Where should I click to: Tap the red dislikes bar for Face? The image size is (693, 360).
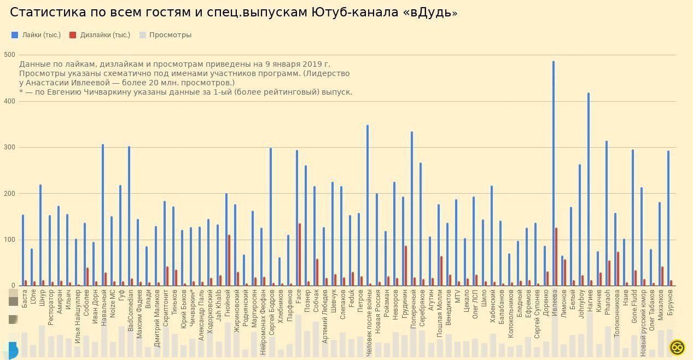(x=300, y=254)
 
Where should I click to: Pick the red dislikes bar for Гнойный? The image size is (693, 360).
(x=229, y=260)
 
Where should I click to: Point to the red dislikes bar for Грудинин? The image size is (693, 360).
(x=406, y=266)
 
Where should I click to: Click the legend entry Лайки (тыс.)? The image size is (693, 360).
(x=37, y=35)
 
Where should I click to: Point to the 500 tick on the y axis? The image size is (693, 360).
(x=9, y=55)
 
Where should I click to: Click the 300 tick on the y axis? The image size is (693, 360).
(x=9, y=147)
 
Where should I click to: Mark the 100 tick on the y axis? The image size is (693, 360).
(x=9, y=240)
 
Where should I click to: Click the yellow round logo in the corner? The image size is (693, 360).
(x=678, y=347)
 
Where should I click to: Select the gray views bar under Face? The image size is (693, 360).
(x=299, y=336)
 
